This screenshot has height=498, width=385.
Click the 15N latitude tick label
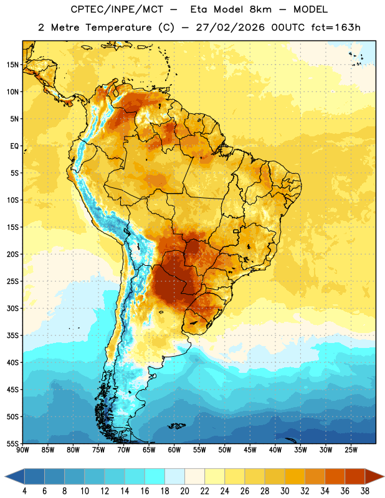coord(12,65)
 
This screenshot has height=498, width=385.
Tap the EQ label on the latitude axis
coord(14,146)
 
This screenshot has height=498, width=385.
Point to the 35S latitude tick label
coord(12,336)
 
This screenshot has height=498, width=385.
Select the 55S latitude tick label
coord(12,443)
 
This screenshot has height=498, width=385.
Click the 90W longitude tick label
coord(22,450)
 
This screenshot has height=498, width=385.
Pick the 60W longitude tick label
coord(174,450)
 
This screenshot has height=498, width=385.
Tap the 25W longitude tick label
coord(351,450)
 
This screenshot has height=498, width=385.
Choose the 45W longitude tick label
coord(250,450)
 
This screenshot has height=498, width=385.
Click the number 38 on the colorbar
coord(364,491)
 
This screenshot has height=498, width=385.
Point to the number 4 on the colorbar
coord(24,491)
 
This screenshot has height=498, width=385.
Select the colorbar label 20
coord(184,491)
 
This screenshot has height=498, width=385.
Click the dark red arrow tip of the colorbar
coord(383,476)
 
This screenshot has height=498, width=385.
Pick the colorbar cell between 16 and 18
coord(154,476)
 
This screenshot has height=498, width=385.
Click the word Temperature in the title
coord(118,27)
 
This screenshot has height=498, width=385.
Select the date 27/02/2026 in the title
coord(230,27)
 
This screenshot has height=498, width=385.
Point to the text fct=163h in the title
coord(336,27)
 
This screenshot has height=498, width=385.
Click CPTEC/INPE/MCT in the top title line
coord(117,9)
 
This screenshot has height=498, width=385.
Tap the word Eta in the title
coord(199,9)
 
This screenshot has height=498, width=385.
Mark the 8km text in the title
coord(260,9)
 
